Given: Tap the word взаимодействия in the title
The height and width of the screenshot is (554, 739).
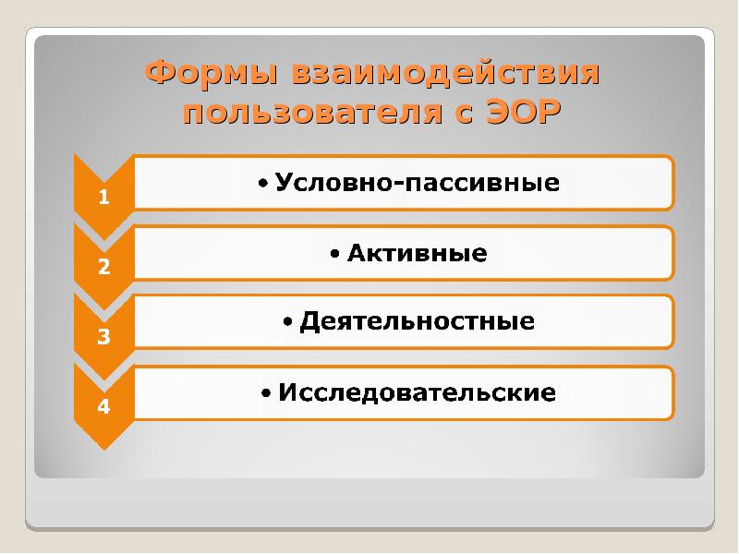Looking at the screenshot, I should click(447, 73).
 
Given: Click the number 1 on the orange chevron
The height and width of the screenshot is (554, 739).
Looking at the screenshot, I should click(104, 197).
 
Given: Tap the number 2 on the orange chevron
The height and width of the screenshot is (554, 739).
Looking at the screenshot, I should click(104, 267).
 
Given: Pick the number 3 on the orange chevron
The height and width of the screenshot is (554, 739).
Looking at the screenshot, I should click(104, 336).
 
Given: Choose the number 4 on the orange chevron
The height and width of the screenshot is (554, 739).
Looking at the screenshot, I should click(104, 406).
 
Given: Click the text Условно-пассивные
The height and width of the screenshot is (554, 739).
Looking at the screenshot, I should click(418, 182).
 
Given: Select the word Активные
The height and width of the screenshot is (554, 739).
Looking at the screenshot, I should click(417, 252).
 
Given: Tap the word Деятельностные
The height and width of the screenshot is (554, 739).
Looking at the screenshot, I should click(418, 322).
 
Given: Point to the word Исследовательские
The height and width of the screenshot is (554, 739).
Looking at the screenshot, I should click(417, 392).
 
